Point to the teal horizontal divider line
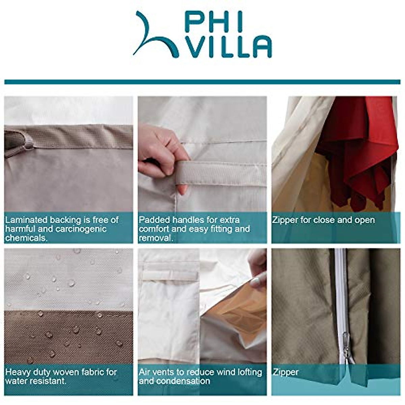point(202,82)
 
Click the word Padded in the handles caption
point(154,220)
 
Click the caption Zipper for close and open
point(323,220)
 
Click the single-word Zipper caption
point(286,372)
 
